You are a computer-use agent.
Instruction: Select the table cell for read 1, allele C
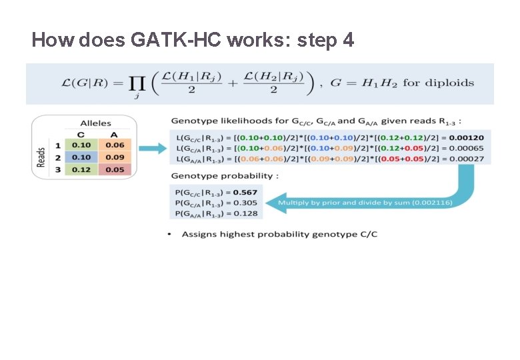(81, 145)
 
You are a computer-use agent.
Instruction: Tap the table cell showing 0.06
(115, 145)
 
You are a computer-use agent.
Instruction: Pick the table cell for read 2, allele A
(115, 157)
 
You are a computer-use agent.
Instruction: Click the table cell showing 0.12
(81, 169)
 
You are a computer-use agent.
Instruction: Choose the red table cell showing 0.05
(115, 169)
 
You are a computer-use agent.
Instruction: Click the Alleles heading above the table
(95, 123)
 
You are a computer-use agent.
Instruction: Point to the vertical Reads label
(41, 157)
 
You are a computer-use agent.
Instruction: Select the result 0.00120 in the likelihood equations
(470, 137)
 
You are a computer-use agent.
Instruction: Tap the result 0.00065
(470, 148)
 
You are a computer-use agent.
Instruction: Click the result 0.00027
(470, 159)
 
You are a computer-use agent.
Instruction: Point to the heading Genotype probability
(222, 176)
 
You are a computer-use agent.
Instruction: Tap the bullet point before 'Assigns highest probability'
(170, 234)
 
